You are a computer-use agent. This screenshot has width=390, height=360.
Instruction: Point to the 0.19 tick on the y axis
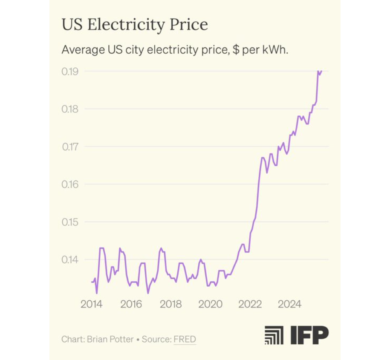70,71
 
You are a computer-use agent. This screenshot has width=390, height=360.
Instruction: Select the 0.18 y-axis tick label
70,109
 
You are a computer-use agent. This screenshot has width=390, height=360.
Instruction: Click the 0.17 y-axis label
70,147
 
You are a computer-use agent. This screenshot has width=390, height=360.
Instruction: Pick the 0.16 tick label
70,184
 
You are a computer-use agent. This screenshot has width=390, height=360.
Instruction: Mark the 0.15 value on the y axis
70,222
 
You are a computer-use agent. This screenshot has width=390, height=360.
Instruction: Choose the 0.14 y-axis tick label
70,259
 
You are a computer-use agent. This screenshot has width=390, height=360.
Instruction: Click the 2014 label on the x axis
91,304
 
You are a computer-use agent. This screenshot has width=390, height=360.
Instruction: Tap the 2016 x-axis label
131,304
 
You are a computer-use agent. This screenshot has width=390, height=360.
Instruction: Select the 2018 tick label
171,304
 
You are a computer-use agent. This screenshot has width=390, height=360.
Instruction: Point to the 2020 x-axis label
211,304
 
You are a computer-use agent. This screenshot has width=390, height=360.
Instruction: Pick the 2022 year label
250,304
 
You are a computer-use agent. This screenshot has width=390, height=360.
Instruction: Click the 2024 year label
289,304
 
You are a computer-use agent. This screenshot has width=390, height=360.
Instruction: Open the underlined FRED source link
185,340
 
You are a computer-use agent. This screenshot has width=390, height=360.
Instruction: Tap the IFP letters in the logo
309,335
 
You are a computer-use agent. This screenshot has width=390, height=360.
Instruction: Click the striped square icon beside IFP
274,335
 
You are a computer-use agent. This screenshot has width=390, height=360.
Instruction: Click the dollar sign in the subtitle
236,49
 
